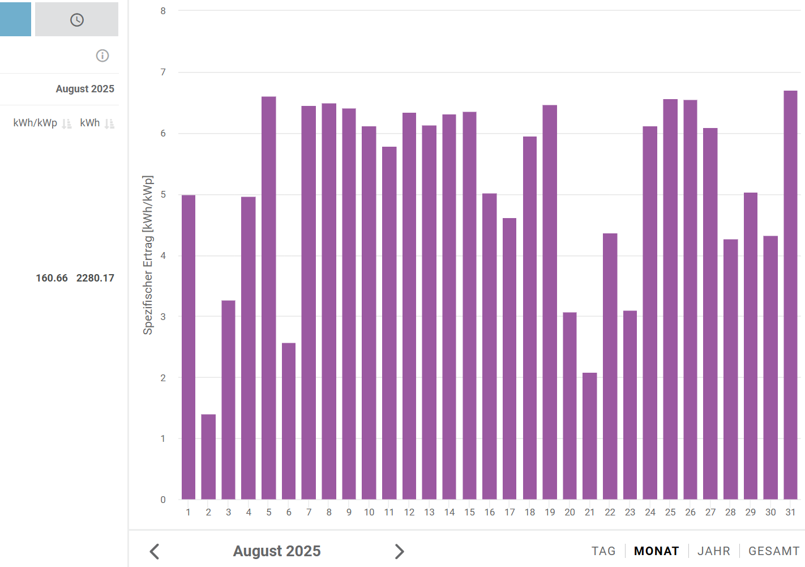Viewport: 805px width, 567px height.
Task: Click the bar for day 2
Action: coord(208,457)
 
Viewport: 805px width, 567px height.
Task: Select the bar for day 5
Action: coord(269,298)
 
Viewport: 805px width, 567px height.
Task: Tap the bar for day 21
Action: coord(590,436)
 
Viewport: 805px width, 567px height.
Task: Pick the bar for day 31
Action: coord(790,295)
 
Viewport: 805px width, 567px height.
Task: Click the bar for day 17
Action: coord(509,359)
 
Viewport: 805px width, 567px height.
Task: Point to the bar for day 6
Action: coord(289,421)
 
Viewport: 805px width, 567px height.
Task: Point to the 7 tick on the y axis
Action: coord(163,73)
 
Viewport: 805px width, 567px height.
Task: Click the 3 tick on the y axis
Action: coord(163,317)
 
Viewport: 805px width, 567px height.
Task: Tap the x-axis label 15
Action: coord(469,512)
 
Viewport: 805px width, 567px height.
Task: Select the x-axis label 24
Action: coord(650,512)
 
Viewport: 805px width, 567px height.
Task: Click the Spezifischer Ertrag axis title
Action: coord(148,255)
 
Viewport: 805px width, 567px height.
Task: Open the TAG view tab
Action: coord(603,551)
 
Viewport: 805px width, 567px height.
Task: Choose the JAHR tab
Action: coord(714,551)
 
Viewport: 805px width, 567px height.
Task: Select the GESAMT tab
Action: coord(774,551)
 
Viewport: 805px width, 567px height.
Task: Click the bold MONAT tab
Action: coord(657,551)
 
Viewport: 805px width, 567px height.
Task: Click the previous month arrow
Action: coord(155,551)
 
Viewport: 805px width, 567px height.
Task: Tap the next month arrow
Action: coord(399,551)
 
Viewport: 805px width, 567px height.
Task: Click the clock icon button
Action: coord(77,20)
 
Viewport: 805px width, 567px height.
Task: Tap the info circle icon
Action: coord(102,56)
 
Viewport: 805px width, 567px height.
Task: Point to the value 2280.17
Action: coord(95,278)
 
